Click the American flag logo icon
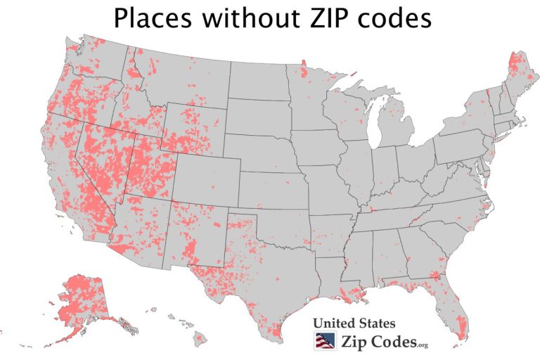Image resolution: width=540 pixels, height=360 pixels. (323, 342)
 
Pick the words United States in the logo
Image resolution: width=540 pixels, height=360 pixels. (354, 324)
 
